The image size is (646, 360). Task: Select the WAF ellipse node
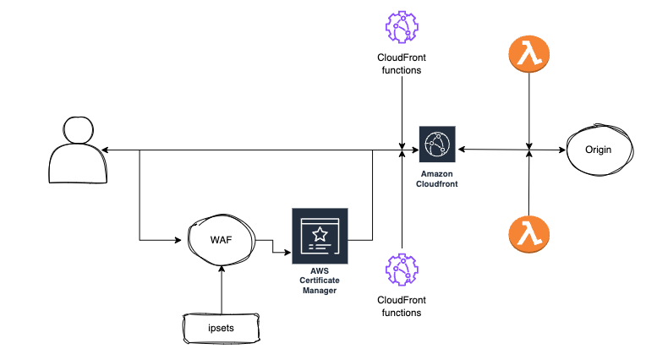coord(222,241)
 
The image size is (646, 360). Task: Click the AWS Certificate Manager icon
coord(318,234)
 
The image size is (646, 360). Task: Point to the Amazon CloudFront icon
coord(437,144)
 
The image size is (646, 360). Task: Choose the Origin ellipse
coord(599,150)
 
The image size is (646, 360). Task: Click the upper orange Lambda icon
coord(529,55)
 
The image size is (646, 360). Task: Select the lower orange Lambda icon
coord(529,235)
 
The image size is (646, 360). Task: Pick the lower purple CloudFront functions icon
coord(402,269)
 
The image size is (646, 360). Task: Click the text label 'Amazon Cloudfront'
coord(437,177)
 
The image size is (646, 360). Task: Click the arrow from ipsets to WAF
coord(221,287)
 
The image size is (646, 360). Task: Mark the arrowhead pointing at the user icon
coord(105,150)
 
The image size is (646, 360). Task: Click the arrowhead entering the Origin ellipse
coord(561,150)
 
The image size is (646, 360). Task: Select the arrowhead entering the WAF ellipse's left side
coord(180,241)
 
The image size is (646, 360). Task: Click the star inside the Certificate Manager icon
coord(318,230)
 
